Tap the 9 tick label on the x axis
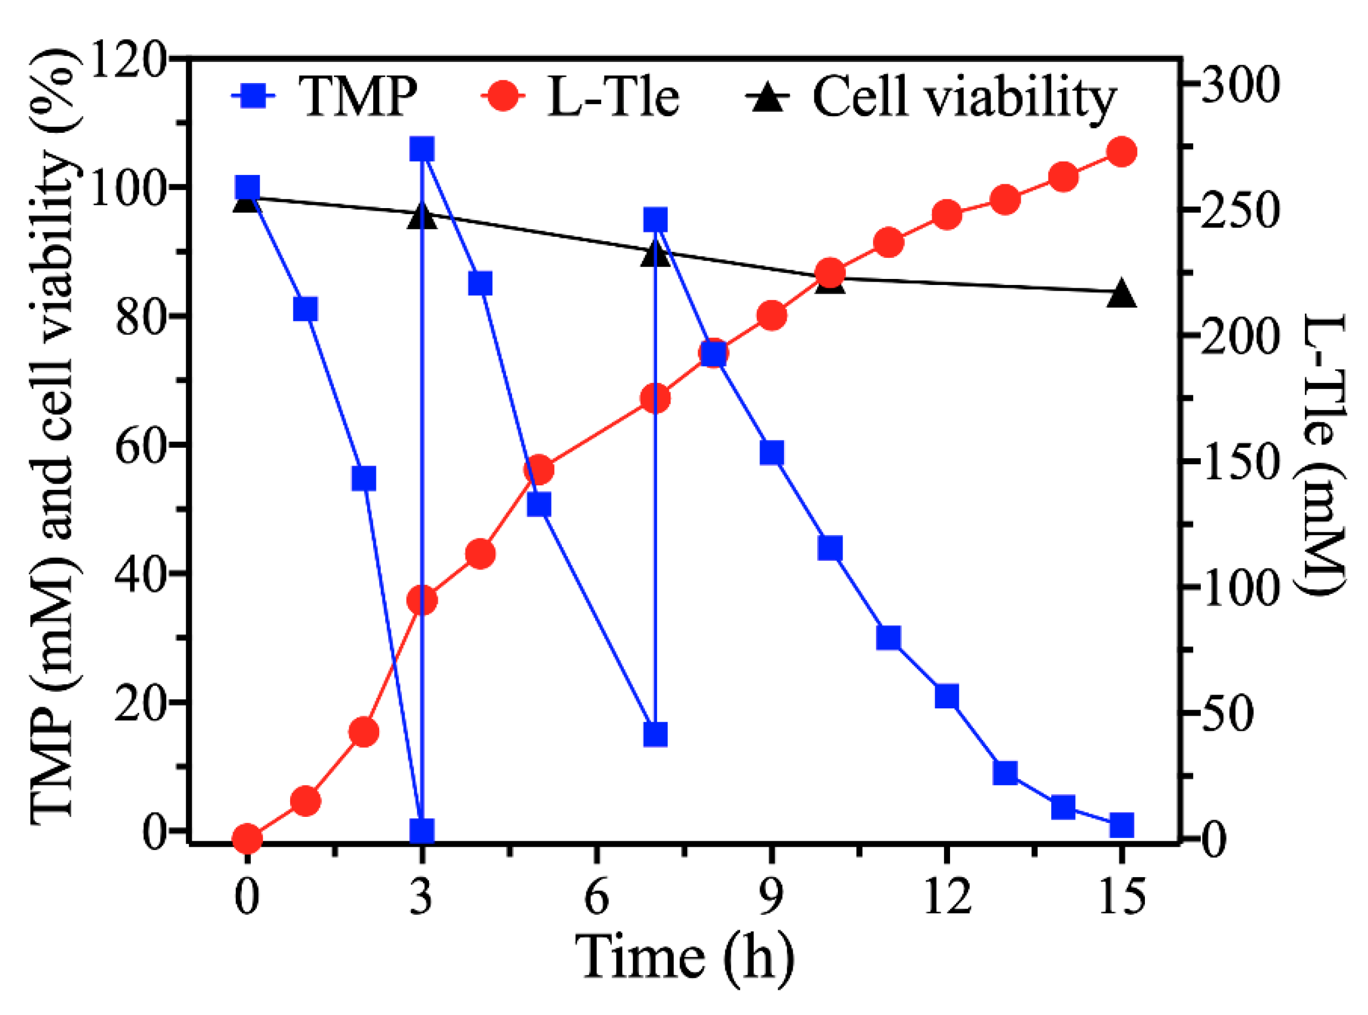(x=772, y=898)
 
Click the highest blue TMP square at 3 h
(x=422, y=149)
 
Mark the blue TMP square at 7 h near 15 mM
(x=655, y=735)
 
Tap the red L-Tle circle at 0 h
(x=247, y=838)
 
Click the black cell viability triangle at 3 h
(x=422, y=217)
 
